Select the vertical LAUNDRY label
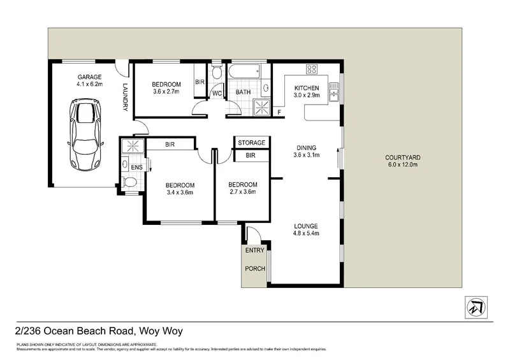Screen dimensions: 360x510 tap(126, 98)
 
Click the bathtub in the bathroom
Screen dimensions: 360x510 tap(247, 71)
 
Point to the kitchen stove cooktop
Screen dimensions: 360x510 tap(312, 69)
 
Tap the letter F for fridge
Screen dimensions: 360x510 tap(279, 113)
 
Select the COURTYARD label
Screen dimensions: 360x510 tap(402, 157)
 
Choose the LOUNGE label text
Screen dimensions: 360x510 tap(306, 226)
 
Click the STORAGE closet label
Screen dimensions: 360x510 tap(251, 143)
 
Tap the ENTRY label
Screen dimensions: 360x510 tap(254, 250)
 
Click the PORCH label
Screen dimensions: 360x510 tap(254, 269)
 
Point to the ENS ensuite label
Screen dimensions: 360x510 tap(136, 168)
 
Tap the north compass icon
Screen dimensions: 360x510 tap(476, 307)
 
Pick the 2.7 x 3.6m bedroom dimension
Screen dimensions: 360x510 tap(243, 192)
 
